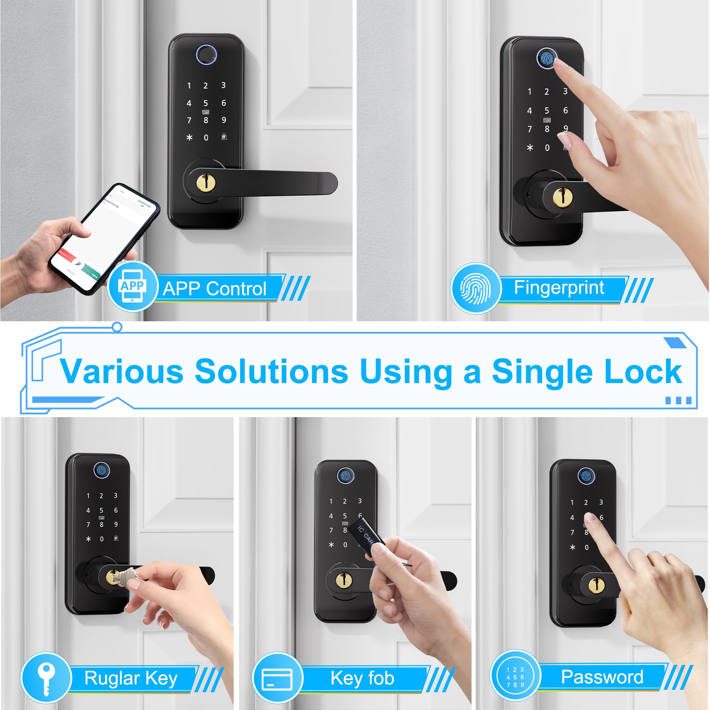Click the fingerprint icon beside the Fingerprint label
pos(476,288)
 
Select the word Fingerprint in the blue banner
pos(558,288)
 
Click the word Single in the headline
pos(542,372)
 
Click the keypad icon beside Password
pos(515,677)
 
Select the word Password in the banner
pos(602,677)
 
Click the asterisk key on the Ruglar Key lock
pos(88,539)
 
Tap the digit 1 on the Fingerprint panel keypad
pos(529,92)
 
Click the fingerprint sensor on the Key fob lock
pos(345,476)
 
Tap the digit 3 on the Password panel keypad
pos(601,502)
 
